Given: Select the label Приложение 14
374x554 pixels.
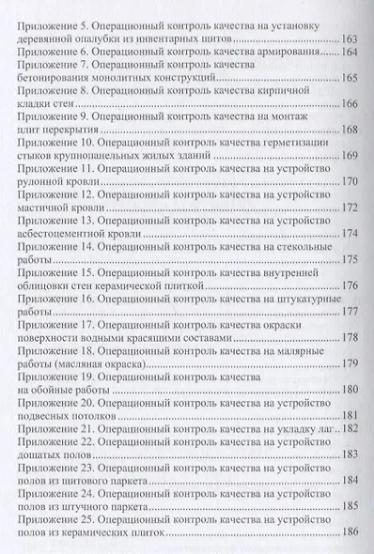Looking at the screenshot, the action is pos(61,246).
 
